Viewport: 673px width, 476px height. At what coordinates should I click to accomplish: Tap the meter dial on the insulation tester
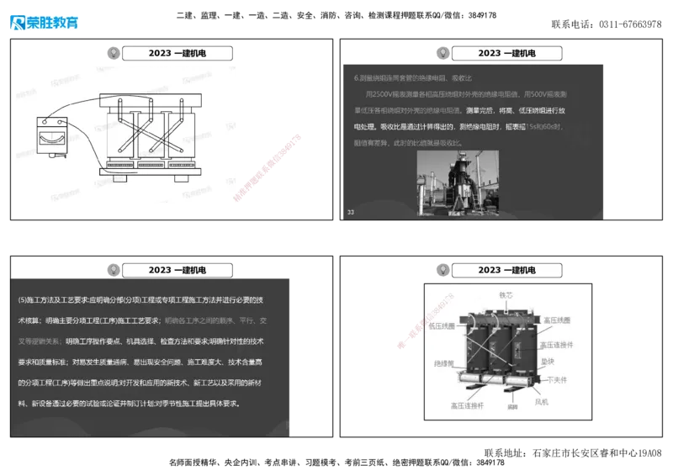click(x=48, y=133)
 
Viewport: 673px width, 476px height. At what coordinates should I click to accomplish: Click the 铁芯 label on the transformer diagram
click(x=506, y=295)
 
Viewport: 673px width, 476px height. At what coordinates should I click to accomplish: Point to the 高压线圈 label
click(x=557, y=320)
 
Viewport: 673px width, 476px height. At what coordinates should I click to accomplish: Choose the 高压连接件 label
click(x=556, y=344)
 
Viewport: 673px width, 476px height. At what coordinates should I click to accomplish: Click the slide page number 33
click(x=351, y=212)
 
